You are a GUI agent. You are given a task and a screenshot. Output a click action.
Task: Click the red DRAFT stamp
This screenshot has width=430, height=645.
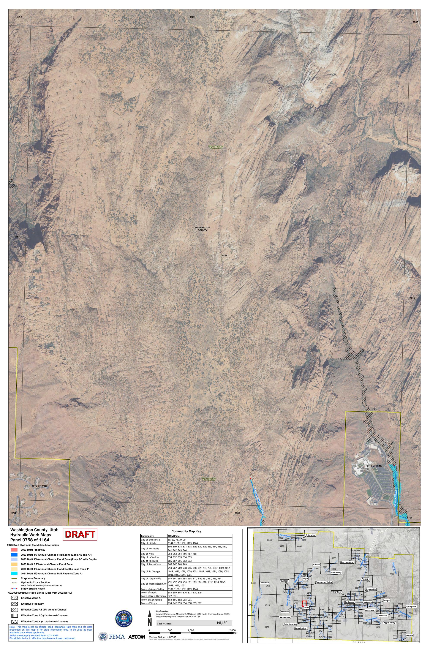pos(80,534)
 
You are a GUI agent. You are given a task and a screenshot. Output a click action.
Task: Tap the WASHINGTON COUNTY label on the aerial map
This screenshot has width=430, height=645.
pos(202,229)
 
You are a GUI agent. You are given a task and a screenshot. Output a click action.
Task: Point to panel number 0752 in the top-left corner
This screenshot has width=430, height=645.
pos(19,17)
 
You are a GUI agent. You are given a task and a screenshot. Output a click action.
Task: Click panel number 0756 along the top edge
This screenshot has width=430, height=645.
pos(192,17)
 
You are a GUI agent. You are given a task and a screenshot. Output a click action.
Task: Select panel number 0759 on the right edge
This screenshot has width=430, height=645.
pos(412,298)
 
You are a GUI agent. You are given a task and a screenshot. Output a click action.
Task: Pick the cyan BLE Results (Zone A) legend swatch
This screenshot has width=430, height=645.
pos(14,573)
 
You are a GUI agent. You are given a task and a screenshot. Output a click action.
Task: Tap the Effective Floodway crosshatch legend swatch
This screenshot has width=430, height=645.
pos(14,604)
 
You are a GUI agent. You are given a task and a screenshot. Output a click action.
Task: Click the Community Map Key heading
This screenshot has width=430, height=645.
pos(186,531)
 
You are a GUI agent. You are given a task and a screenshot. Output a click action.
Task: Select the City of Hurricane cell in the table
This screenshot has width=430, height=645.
pos(150,549)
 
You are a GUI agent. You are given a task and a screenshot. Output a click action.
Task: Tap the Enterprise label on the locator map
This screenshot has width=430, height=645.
pos(310,535)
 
